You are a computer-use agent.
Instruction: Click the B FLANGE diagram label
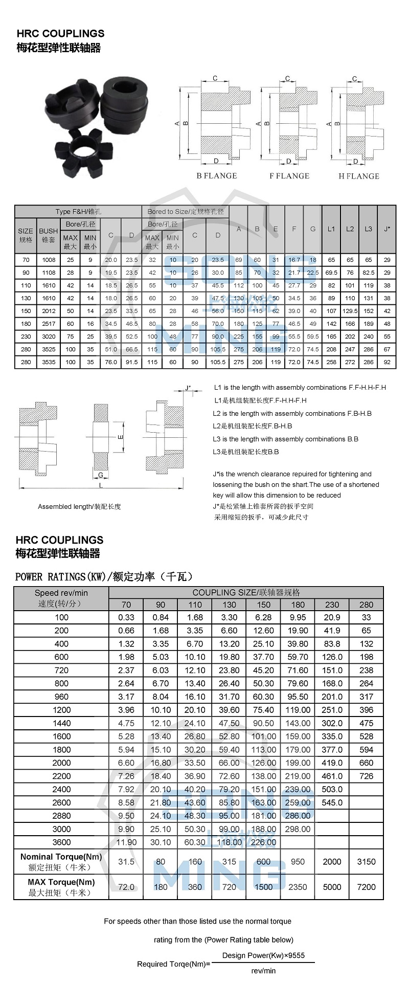[x=217, y=176]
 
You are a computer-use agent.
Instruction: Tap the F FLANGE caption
[x=289, y=176]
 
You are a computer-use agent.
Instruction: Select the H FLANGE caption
[x=359, y=176]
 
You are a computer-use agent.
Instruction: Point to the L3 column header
[x=368, y=229]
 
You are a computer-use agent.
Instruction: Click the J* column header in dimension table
[x=387, y=229]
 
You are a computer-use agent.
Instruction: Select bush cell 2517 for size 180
[x=49, y=324]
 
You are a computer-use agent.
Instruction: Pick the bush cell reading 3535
[x=49, y=362]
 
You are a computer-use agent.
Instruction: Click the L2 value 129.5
[x=350, y=311]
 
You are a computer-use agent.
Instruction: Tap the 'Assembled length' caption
[x=79, y=507]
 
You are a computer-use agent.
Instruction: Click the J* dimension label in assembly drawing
[x=188, y=388]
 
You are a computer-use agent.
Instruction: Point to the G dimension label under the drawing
[x=101, y=475]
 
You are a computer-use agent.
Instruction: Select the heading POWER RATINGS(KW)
[x=104, y=577]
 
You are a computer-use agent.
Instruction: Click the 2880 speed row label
[x=61, y=816]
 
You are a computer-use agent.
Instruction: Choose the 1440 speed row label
[x=61, y=723]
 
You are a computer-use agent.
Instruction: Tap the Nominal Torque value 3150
[x=366, y=862]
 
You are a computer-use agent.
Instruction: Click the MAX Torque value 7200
[x=366, y=887]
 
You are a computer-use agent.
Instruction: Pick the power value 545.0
[x=332, y=802]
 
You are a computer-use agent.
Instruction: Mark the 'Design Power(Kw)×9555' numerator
[x=263, y=955]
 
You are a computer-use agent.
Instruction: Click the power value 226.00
[x=263, y=842]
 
